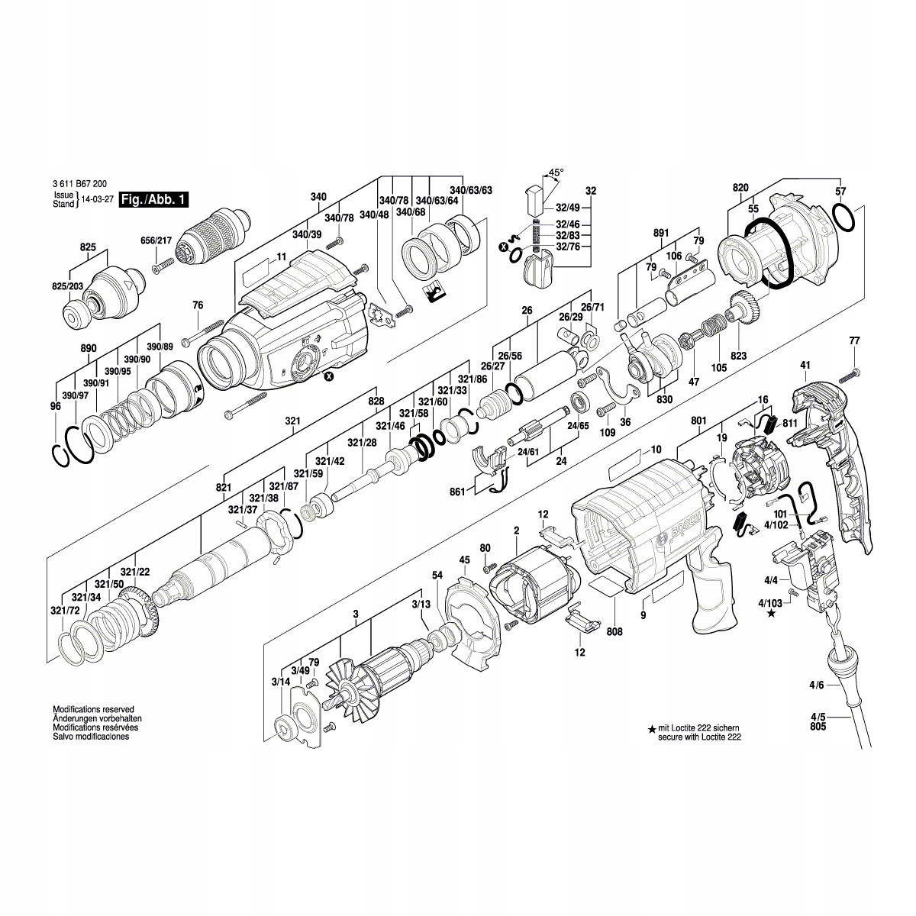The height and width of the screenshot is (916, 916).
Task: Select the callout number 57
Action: (840, 191)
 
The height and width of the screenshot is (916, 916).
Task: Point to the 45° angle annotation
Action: (556, 173)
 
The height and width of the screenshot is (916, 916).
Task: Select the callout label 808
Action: (614, 631)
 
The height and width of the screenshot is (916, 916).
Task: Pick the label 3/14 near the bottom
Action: (280, 680)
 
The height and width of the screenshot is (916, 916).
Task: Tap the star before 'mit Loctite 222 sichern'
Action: (651, 730)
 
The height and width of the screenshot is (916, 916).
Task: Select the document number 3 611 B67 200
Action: (79, 184)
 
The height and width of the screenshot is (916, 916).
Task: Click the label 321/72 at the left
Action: (65, 611)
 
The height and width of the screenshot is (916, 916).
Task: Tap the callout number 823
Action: (738, 356)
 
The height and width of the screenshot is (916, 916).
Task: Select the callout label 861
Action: (457, 493)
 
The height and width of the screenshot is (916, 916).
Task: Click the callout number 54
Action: (437, 575)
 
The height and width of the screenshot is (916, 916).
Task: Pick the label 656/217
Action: (156, 240)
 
